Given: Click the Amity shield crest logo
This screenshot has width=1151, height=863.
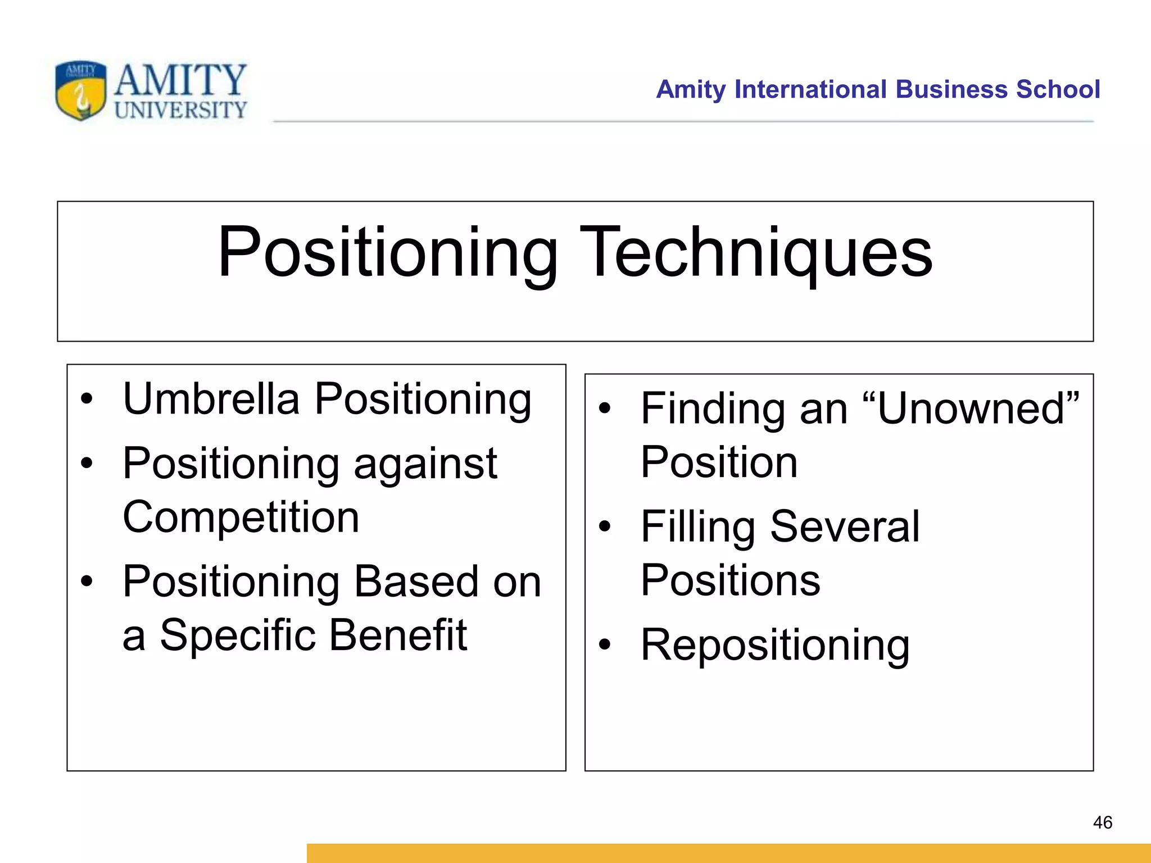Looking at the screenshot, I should coord(80,90).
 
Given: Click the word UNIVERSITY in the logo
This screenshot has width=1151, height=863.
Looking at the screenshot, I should coord(180,110).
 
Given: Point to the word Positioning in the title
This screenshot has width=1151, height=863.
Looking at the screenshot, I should coord(388,253).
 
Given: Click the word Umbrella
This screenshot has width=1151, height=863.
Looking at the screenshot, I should coord(211,399).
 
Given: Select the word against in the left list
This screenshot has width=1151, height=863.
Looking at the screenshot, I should coord(425,464).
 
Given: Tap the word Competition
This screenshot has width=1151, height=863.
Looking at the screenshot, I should coord(241,517).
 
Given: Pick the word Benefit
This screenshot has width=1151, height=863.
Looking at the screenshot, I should coord(398,635).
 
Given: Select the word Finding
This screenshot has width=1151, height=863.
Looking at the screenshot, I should coord(712,408).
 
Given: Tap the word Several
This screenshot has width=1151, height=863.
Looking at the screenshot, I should coord(845,526).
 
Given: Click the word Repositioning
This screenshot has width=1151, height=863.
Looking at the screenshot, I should coord(775,646).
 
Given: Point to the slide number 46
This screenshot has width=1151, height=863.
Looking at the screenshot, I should coord(1102,823).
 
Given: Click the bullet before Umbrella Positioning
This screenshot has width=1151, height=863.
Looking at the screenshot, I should coord(86,399).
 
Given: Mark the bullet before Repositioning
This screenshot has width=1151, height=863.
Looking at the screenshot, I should coord(604,645).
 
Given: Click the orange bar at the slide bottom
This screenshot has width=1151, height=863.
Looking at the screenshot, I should coord(728,853).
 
